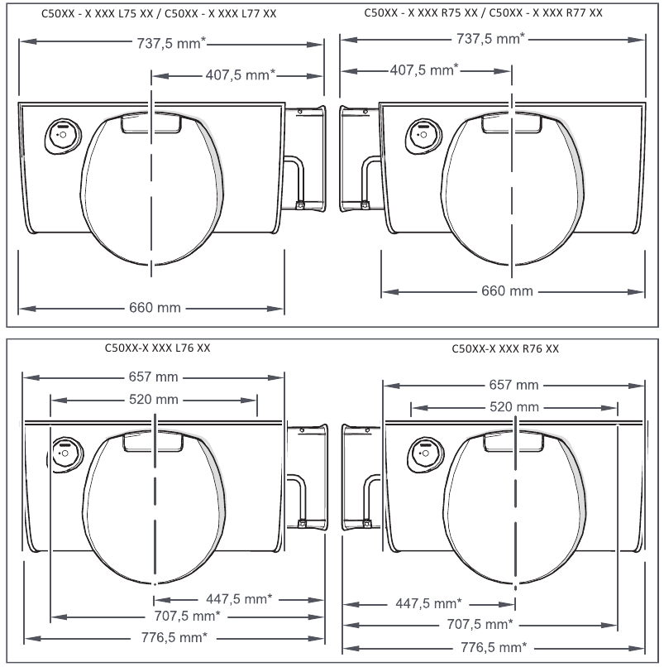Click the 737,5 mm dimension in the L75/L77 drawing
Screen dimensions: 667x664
pyautogui.click(x=171, y=45)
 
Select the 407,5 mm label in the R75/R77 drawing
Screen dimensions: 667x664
pyautogui.click(x=423, y=70)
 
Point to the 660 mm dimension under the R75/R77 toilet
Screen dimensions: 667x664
pyautogui.click(x=508, y=291)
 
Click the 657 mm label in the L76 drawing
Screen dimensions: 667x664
pyautogui.click(x=155, y=377)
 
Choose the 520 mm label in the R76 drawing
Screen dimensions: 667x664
pyautogui.click(x=514, y=407)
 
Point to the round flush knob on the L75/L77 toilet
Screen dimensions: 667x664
pyautogui.click(x=62, y=133)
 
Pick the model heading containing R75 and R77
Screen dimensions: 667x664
pyautogui.click(x=483, y=13)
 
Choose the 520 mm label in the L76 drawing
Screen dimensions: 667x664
pyautogui.click(x=155, y=400)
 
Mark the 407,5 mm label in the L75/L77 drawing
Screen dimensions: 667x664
pyautogui.click(x=240, y=75)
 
